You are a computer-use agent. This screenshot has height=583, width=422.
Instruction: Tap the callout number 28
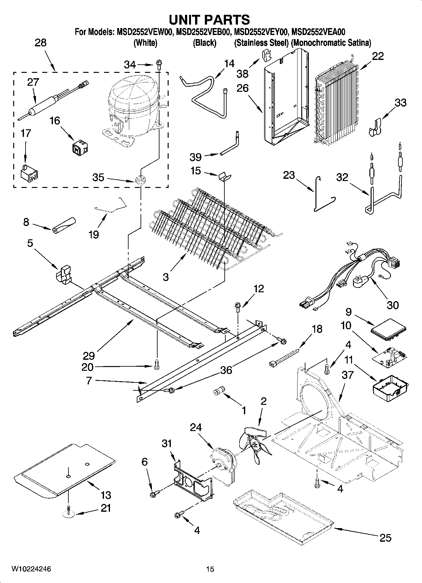click(x=41, y=43)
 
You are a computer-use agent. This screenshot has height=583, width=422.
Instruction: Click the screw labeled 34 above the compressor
click(x=159, y=65)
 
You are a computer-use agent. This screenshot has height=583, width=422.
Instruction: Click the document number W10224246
click(x=31, y=569)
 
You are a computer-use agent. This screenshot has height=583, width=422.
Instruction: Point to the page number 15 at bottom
click(x=210, y=569)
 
